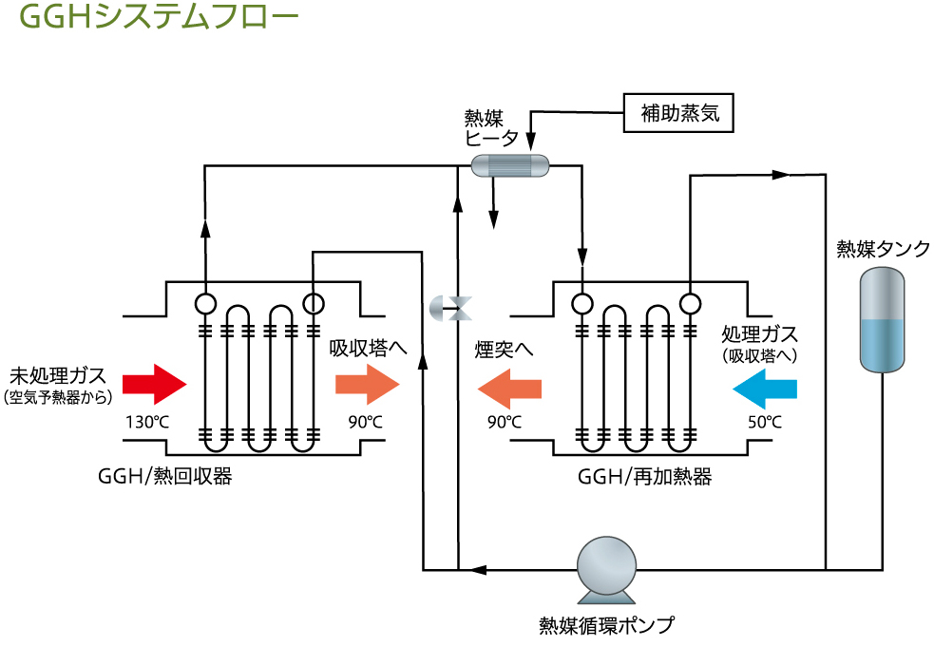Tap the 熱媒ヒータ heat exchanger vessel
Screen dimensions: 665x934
tap(510, 164)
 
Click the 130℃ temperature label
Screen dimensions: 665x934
tap(145, 422)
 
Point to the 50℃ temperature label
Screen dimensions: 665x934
tap(765, 422)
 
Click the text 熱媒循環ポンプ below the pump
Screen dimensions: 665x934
tap(606, 625)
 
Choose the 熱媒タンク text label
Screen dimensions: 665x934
tap(883, 249)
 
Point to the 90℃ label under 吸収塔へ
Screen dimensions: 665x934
tap(366, 422)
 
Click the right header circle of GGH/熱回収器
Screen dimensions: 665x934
tap(313, 304)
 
